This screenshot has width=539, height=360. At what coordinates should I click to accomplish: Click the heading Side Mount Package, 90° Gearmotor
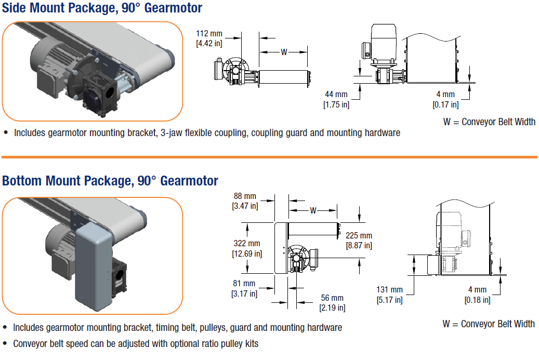(102, 8)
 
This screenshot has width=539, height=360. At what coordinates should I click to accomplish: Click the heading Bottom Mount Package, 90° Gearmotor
(110, 180)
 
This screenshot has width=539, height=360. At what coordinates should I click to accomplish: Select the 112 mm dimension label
(209, 34)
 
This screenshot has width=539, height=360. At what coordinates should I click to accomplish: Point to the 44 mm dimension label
(336, 95)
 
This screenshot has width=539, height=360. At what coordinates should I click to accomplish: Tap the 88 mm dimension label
(244, 196)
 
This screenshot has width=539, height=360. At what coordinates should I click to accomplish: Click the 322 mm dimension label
(246, 244)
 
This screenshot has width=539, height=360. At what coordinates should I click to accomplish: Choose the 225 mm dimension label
(359, 236)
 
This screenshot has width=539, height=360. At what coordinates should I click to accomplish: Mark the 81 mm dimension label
(244, 284)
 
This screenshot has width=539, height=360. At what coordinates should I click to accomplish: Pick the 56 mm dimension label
(332, 298)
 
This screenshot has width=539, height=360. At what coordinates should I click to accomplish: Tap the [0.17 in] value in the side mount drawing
(445, 104)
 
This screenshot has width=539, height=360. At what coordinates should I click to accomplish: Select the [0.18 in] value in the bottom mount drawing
(477, 300)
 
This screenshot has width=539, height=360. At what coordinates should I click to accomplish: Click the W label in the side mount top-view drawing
(284, 52)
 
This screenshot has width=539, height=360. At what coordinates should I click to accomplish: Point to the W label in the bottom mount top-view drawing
(313, 210)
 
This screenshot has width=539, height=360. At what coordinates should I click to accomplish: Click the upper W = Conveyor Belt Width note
(489, 122)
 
